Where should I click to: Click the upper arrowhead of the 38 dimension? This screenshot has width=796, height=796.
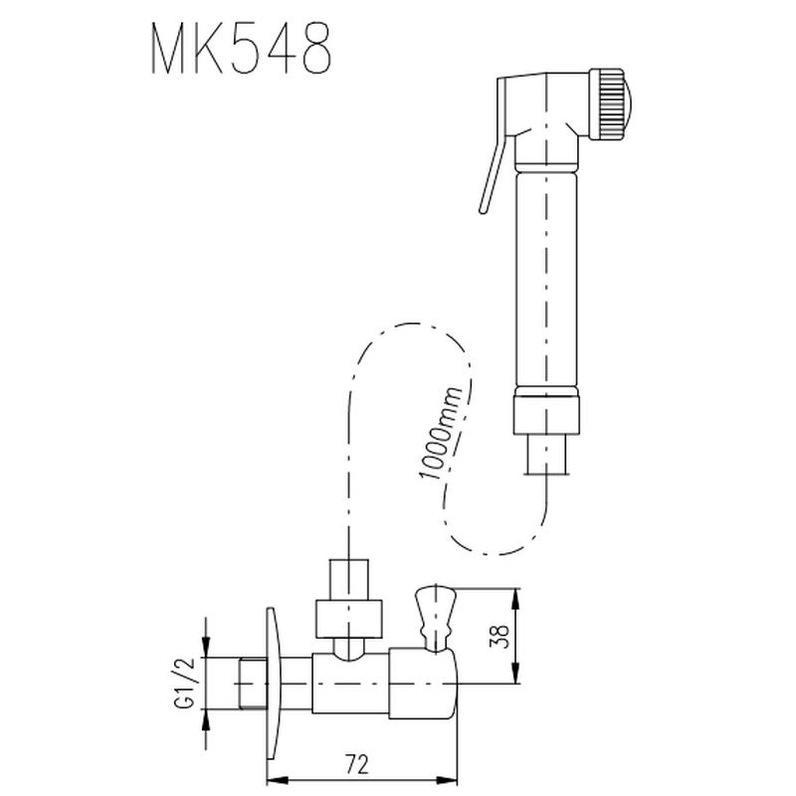coord(514,595)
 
